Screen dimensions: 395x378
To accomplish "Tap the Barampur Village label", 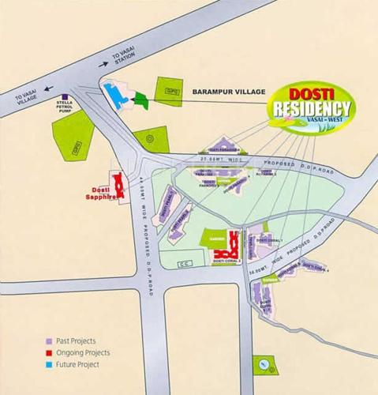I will pyautogui.click(x=226, y=92).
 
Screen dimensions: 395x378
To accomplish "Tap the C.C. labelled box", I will pyautogui.click(x=184, y=262).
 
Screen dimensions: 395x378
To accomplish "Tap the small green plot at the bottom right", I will pyautogui.click(x=263, y=365).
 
